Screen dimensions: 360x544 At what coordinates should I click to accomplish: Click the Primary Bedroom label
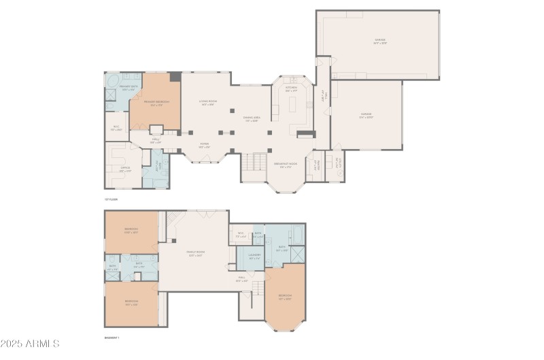pos(156,103)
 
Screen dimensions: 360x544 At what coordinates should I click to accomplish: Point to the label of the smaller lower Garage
pos(366,116)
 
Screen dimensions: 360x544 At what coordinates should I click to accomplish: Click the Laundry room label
pos(254,257)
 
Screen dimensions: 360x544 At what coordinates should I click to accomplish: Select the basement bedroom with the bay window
pos(285,297)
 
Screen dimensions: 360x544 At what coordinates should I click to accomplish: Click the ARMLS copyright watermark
pos(31,344)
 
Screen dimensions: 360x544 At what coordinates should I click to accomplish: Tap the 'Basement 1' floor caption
pos(112,337)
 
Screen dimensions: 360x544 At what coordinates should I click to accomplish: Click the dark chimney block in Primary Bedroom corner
pos(175,77)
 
